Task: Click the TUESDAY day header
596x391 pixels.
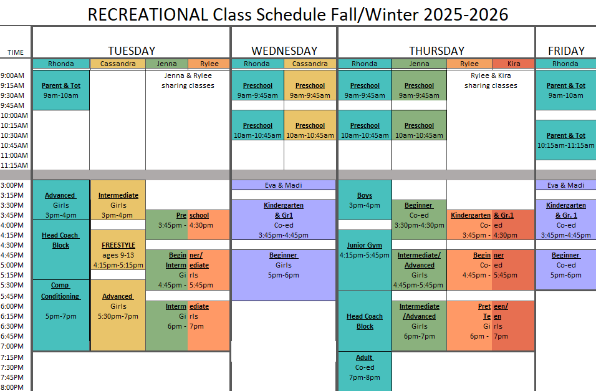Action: point(132,51)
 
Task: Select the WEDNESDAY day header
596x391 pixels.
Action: point(284,51)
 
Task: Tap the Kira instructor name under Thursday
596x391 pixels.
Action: point(514,64)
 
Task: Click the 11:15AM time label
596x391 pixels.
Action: point(14,165)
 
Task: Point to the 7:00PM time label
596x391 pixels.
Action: point(12,346)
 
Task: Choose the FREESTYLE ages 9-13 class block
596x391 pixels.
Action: point(118,250)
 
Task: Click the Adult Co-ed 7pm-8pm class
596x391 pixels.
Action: point(365,367)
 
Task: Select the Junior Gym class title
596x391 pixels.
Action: point(365,245)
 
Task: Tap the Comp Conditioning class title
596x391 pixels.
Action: point(61,291)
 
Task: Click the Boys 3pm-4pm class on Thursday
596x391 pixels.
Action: point(365,200)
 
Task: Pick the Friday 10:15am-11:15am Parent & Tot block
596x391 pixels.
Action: point(566,140)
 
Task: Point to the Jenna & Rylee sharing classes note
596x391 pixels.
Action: point(188,80)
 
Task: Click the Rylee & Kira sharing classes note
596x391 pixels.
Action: point(491,80)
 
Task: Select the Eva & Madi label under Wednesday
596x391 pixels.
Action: point(284,185)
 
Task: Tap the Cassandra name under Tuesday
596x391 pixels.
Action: point(118,64)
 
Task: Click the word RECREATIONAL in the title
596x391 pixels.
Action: point(148,15)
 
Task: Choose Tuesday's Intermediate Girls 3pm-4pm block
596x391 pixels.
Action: point(118,200)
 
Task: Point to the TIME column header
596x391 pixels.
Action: point(15,52)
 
